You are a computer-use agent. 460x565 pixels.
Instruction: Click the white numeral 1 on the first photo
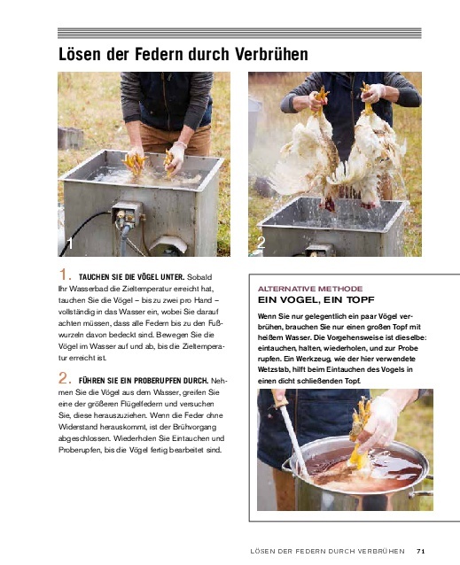point(71,244)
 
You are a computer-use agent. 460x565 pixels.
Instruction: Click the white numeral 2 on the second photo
point(261,243)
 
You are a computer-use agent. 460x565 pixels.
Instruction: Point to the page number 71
point(421,551)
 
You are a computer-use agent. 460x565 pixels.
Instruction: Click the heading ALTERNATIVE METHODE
point(310,289)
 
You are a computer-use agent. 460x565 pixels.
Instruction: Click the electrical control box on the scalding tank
point(127,213)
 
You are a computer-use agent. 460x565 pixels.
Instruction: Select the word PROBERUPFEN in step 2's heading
point(159,381)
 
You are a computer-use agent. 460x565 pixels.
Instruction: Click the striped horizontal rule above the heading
point(239,33)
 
